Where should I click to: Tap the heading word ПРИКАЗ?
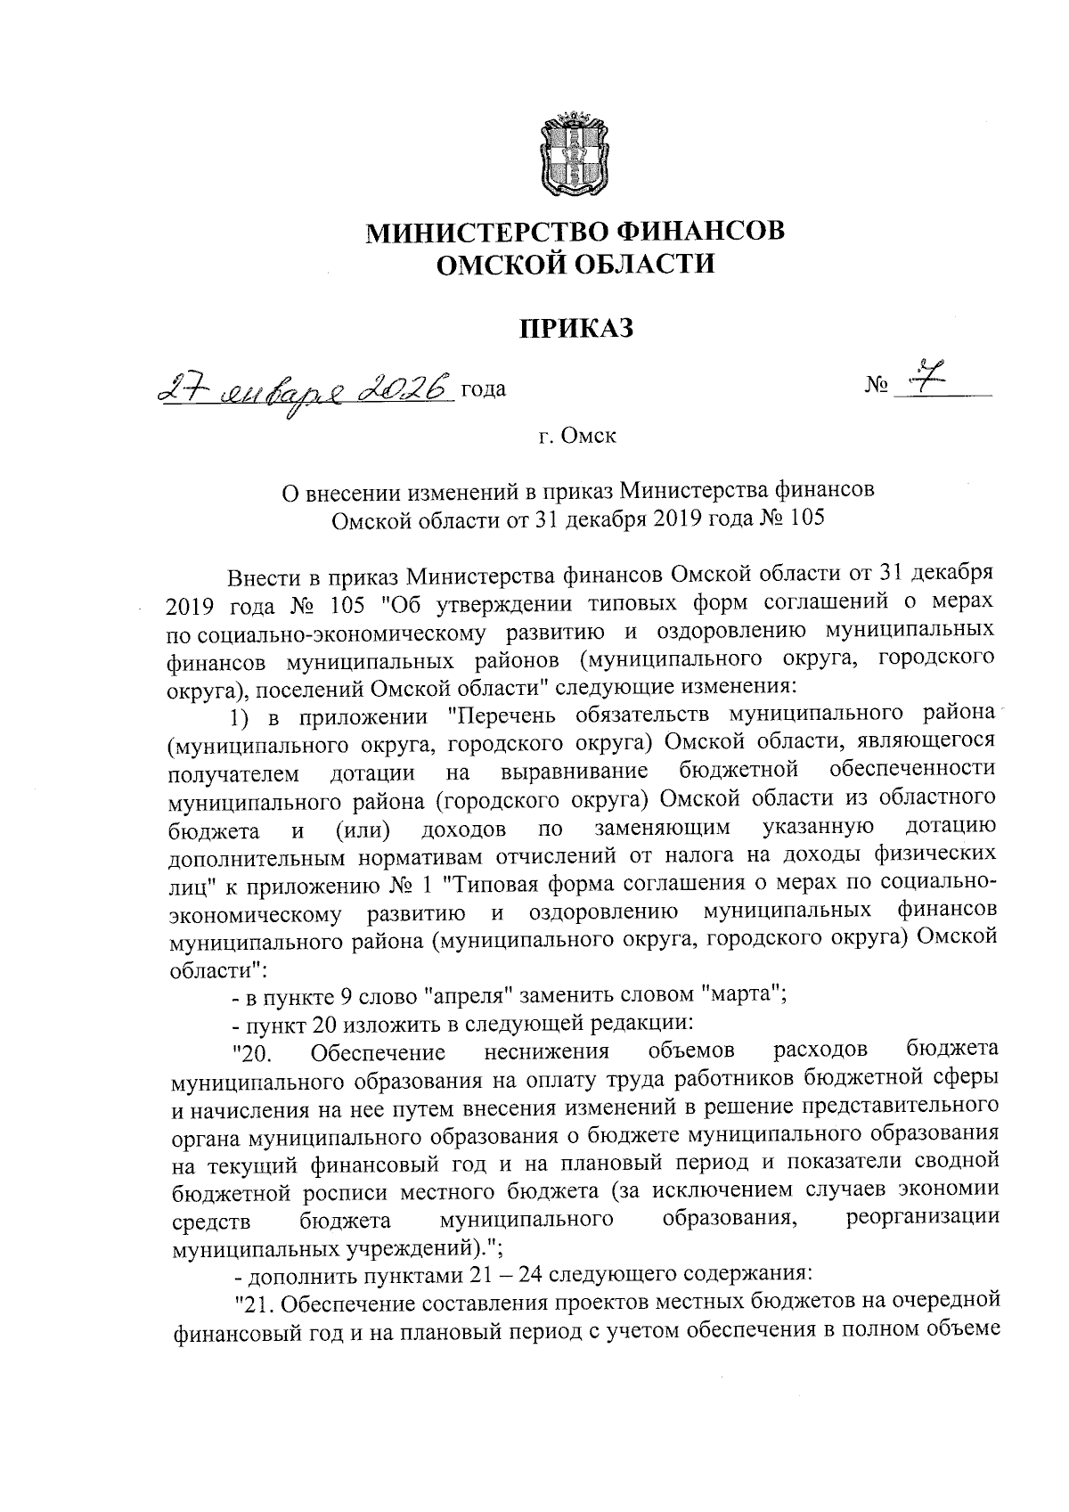[576, 329]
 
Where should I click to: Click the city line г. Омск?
[576, 437]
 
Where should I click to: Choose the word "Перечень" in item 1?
[504, 715]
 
